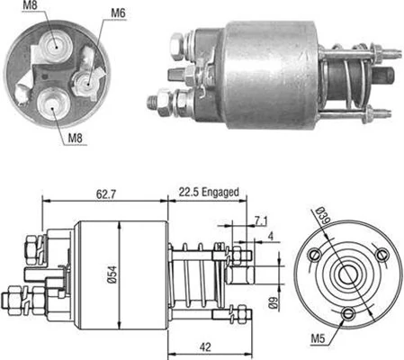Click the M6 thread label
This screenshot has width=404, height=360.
tap(119, 13)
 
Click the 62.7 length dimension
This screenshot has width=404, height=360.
tap(99, 192)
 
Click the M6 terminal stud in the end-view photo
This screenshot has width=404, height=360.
tap(88, 82)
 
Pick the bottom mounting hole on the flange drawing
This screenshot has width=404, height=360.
tap(348, 313)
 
